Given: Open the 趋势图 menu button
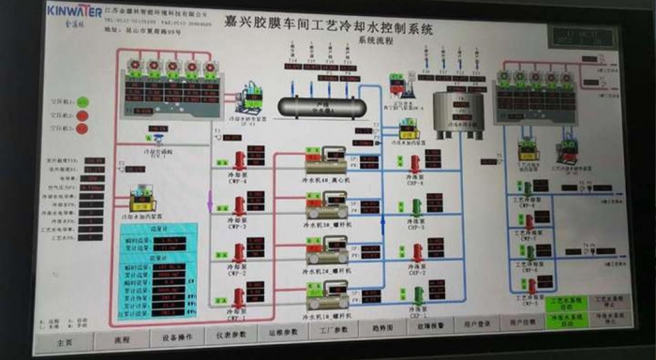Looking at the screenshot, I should click(381, 330).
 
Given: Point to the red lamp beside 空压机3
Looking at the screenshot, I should click(82, 130).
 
